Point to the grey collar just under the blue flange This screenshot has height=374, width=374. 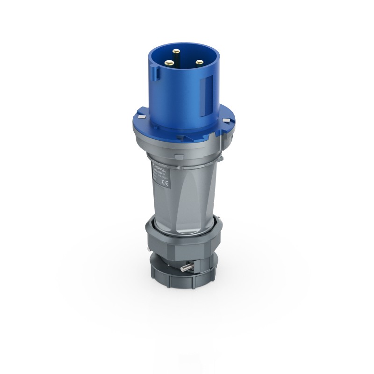click(187, 149)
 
